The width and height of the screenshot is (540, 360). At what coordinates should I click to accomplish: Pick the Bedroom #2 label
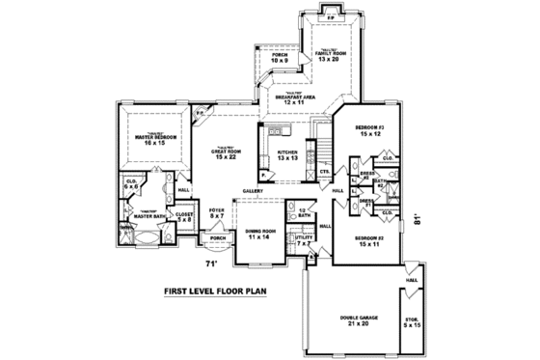[369, 240]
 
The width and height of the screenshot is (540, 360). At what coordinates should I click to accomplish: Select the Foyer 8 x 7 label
[218, 214]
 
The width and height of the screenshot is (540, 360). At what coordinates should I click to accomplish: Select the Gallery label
[254, 190]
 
